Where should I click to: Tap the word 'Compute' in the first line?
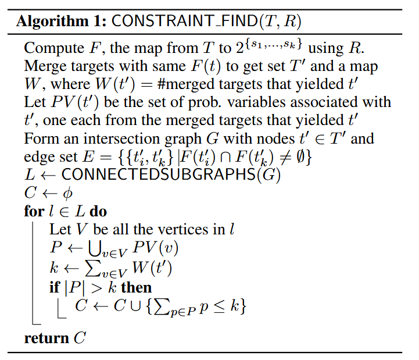[x=49, y=48]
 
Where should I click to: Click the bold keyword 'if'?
[x=54, y=287]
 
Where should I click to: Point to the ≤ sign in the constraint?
[x=221, y=306]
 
